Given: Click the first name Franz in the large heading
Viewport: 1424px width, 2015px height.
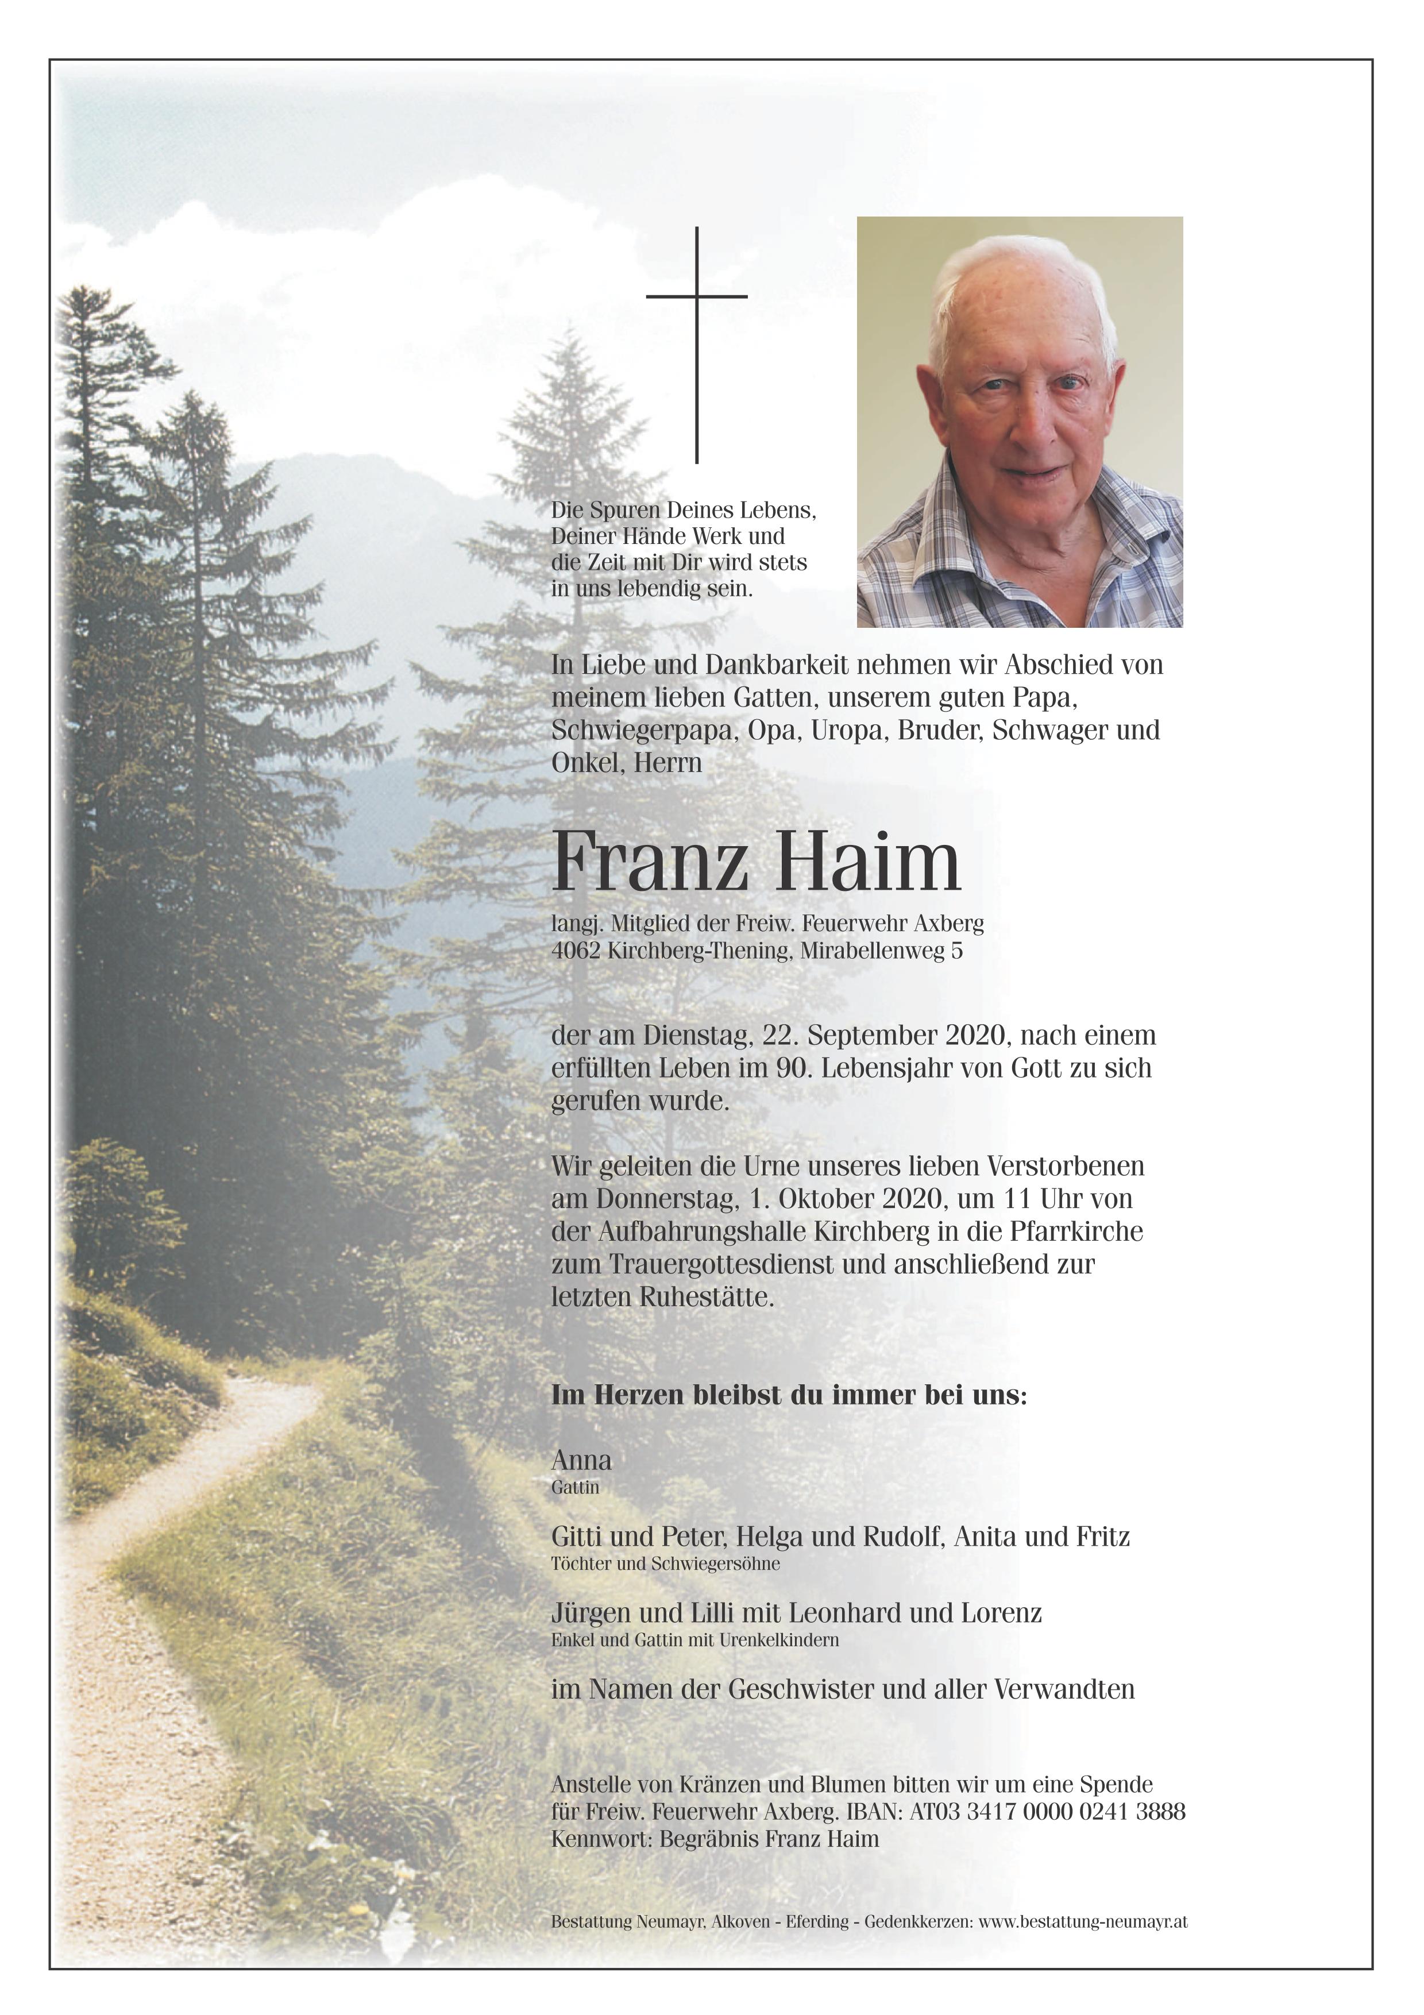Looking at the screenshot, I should pyautogui.click(x=649, y=863).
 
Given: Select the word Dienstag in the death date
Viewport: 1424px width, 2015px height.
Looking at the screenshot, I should pyautogui.click(x=697, y=1036).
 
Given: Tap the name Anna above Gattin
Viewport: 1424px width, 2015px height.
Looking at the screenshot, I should pyautogui.click(x=581, y=1460).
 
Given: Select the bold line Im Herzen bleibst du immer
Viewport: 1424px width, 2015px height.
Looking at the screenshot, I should pyautogui.click(x=788, y=1395).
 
